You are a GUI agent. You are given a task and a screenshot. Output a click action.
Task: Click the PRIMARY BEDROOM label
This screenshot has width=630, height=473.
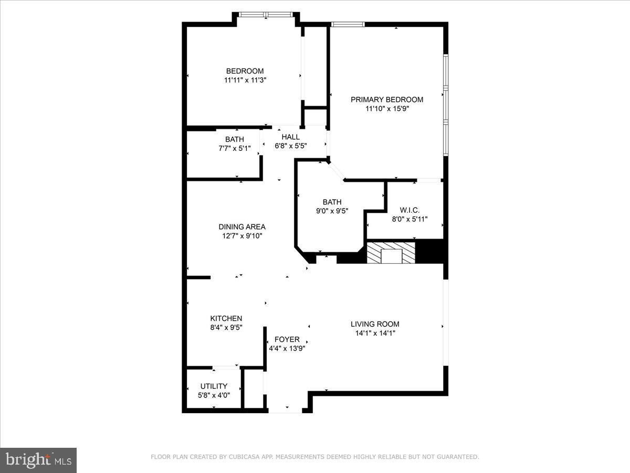point(387,99)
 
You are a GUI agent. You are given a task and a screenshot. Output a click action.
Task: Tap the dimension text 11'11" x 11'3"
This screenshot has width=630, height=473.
point(245,80)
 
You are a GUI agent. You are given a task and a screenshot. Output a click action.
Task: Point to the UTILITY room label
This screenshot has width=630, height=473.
point(214,386)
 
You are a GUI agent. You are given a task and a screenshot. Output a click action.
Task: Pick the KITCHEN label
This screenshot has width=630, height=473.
point(226,318)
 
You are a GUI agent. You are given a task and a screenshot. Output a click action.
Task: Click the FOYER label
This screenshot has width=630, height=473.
point(287,340)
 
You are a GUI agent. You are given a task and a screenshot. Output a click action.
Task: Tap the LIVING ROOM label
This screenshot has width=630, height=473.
point(375,324)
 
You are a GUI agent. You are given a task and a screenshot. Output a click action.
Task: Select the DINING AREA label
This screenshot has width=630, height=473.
point(242,227)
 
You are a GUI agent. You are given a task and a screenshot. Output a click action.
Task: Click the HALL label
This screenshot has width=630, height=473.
point(291,137)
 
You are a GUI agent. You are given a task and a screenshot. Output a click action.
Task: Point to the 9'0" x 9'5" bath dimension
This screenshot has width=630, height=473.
point(332,211)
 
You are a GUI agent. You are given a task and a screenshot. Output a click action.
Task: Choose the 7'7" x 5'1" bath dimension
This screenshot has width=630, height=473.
point(235,148)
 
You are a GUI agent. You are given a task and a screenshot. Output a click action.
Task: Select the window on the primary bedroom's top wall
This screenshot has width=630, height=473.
point(348,24)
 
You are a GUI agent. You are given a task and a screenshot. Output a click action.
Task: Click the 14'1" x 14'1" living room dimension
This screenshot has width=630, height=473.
point(375,333)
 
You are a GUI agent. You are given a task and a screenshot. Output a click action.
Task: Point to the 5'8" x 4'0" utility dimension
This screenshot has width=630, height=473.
point(214,395)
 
